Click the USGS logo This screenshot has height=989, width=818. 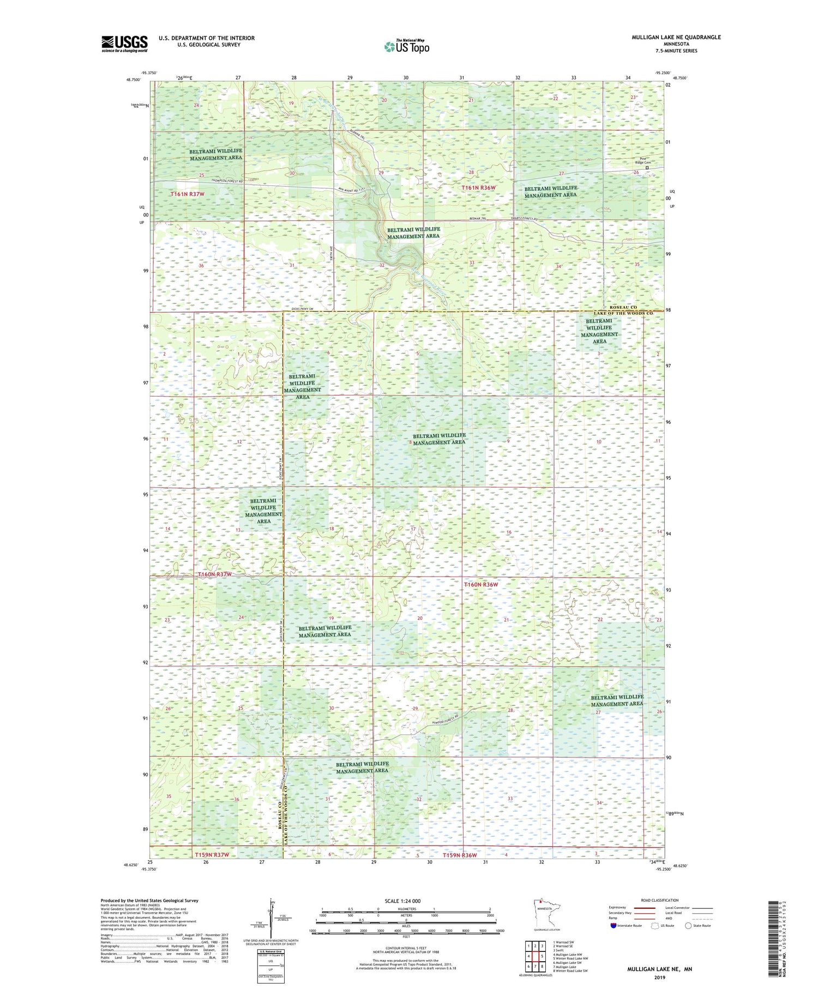pos(124,44)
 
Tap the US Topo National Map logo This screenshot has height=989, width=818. pos(407,46)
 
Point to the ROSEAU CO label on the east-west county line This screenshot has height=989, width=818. pos(623,308)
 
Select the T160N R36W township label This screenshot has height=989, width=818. pos(481,584)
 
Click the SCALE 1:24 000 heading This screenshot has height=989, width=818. pos(406,901)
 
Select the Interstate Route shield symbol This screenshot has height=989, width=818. pos(614,926)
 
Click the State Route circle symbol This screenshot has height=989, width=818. pos(688,926)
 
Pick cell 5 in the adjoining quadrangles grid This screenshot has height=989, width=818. pos(542,956)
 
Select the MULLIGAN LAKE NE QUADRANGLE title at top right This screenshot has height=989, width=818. pos(676,37)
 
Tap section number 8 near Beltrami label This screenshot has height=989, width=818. pos(410,442)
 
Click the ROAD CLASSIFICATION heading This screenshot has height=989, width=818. pos(660,900)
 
